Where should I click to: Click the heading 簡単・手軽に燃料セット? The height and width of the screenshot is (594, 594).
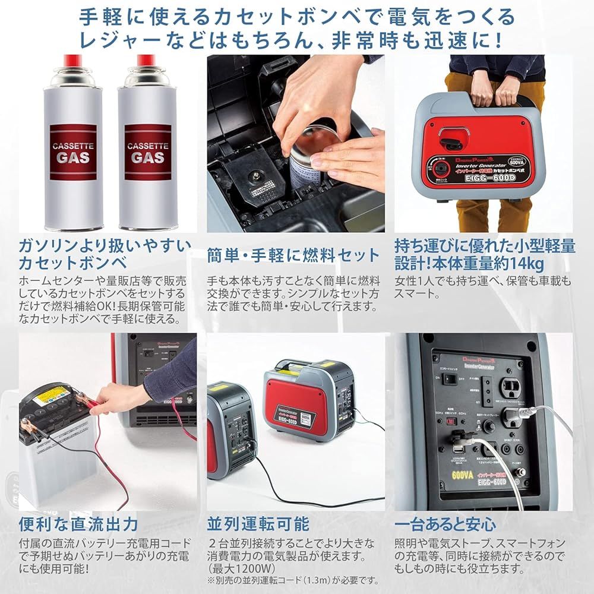point(293,255)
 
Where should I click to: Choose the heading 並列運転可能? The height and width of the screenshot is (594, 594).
point(258,524)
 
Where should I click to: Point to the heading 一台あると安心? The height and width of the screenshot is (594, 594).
point(445,524)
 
